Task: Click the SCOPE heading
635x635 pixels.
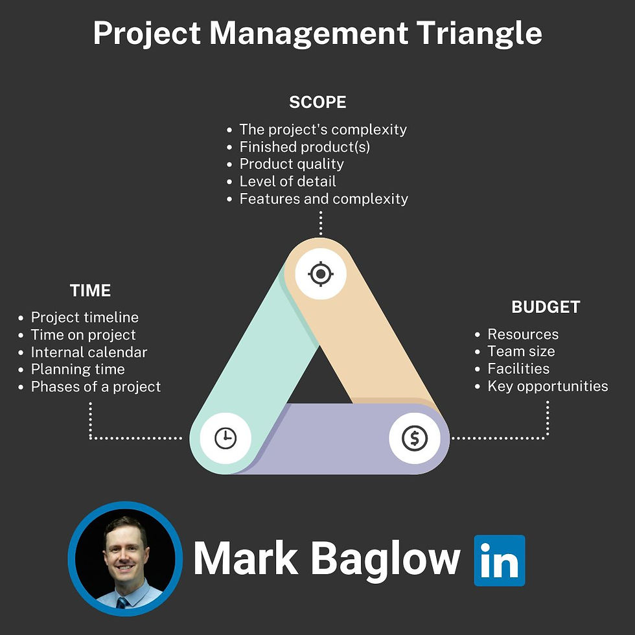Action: pos(317,102)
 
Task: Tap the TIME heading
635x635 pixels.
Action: pos(90,290)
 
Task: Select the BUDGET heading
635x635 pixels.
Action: pos(546,307)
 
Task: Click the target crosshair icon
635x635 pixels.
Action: pos(321,274)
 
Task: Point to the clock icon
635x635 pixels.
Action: pos(225,438)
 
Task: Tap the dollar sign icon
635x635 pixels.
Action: pos(415,438)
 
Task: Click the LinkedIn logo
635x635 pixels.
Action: pos(500,560)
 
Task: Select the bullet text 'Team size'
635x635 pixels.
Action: pos(521,351)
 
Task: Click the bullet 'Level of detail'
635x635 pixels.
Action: pos(288,181)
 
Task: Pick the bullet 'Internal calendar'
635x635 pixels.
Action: pos(89,352)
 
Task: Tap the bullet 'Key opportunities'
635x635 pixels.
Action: pos(548,386)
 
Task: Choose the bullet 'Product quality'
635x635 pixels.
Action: pos(292,164)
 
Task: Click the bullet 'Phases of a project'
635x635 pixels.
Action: pos(96,387)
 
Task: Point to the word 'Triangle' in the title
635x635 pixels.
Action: pos(479,34)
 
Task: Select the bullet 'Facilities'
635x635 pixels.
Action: pos(518,369)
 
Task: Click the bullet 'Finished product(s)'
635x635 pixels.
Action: pos(305,146)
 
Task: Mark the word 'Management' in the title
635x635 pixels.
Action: pos(309,34)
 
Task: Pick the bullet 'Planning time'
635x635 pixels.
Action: pos(78,369)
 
